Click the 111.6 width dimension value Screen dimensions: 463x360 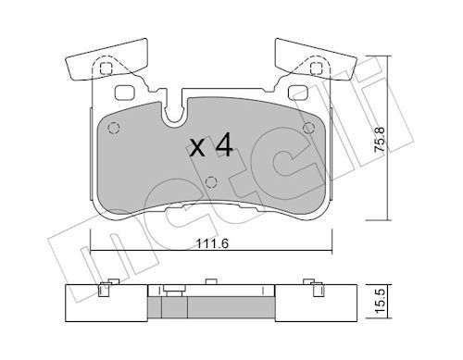tap(212, 244)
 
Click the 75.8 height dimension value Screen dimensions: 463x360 tap(380, 139)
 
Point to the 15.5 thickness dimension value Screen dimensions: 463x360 tap(380, 301)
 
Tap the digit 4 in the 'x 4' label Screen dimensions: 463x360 tap(224, 144)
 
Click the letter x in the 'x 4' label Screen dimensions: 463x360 tap(197, 148)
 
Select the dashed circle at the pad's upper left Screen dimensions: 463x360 tap(114, 128)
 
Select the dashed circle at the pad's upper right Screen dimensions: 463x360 tap(308, 128)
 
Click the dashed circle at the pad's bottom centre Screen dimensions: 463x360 tap(211, 182)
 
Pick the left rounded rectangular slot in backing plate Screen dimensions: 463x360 tap(124, 93)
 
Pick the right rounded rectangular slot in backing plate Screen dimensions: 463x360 tap(298, 93)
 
